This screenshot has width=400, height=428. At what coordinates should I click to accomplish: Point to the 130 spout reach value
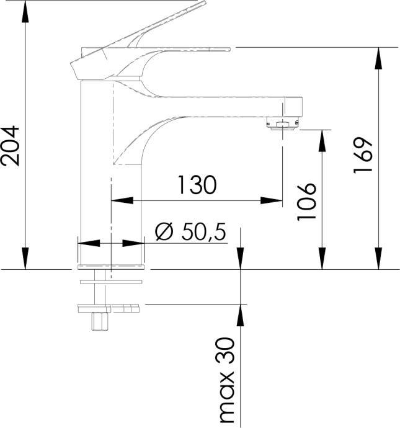(197, 185)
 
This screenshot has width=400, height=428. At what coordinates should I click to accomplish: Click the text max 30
(228, 381)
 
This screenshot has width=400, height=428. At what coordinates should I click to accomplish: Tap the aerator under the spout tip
(283, 125)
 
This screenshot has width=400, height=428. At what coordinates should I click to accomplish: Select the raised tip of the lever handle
(201, 2)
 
